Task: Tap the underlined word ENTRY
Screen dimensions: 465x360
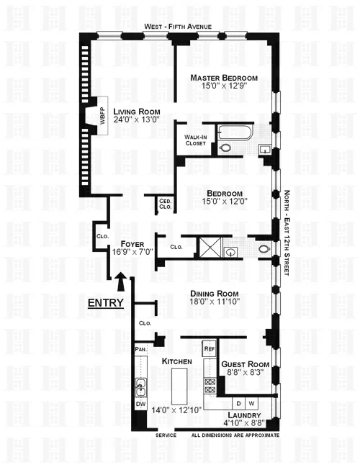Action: point(105,304)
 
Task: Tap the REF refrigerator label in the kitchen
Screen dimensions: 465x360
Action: point(210,349)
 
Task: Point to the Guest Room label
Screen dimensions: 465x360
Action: point(243,365)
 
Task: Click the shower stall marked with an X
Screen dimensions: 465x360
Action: point(209,247)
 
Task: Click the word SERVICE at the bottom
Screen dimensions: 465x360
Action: point(166,435)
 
